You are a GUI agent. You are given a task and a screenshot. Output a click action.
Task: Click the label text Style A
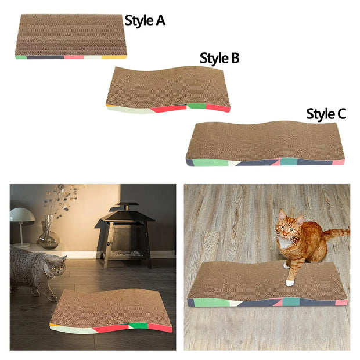[x=145, y=21]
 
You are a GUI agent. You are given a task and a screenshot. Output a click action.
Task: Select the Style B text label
[x=219, y=58]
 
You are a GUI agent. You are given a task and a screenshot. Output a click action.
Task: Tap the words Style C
[x=326, y=114]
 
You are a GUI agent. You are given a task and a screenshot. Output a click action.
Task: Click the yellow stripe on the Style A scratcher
[x=114, y=57]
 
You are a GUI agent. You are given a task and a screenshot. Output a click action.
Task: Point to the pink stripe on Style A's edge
[x=74, y=57]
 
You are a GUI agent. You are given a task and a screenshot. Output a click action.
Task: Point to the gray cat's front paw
[x=52, y=297]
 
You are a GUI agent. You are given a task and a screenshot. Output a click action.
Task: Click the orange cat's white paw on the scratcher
[x=290, y=283]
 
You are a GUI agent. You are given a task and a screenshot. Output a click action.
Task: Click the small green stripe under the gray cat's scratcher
[x=138, y=327]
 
